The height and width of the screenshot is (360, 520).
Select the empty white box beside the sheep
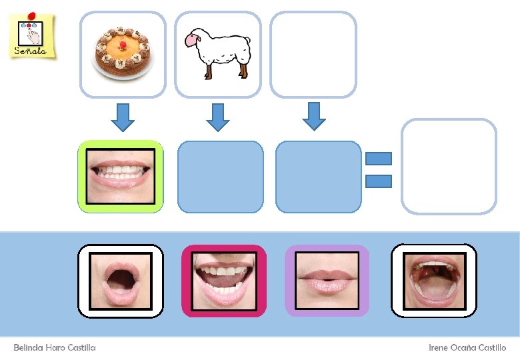tap(313, 54)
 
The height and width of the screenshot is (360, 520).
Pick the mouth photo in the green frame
tap(121, 176)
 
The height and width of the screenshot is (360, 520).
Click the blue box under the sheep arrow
tap(220, 177)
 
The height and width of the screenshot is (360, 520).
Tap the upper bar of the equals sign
tap(379, 159)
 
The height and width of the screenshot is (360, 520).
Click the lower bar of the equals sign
tap(379, 180)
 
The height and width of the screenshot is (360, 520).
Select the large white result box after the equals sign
tap(449, 167)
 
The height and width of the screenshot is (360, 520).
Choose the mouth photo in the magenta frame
tap(223, 281)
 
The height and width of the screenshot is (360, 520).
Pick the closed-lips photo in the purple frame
tap(327, 281)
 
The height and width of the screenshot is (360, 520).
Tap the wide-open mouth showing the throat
tap(433, 280)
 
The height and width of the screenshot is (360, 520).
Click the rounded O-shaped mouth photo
tap(121, 280)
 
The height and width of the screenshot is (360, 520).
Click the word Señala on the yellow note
tap(30, 51)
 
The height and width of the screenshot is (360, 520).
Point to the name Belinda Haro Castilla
tap(55, 348)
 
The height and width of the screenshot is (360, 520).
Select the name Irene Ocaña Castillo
tap(467, 348)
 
